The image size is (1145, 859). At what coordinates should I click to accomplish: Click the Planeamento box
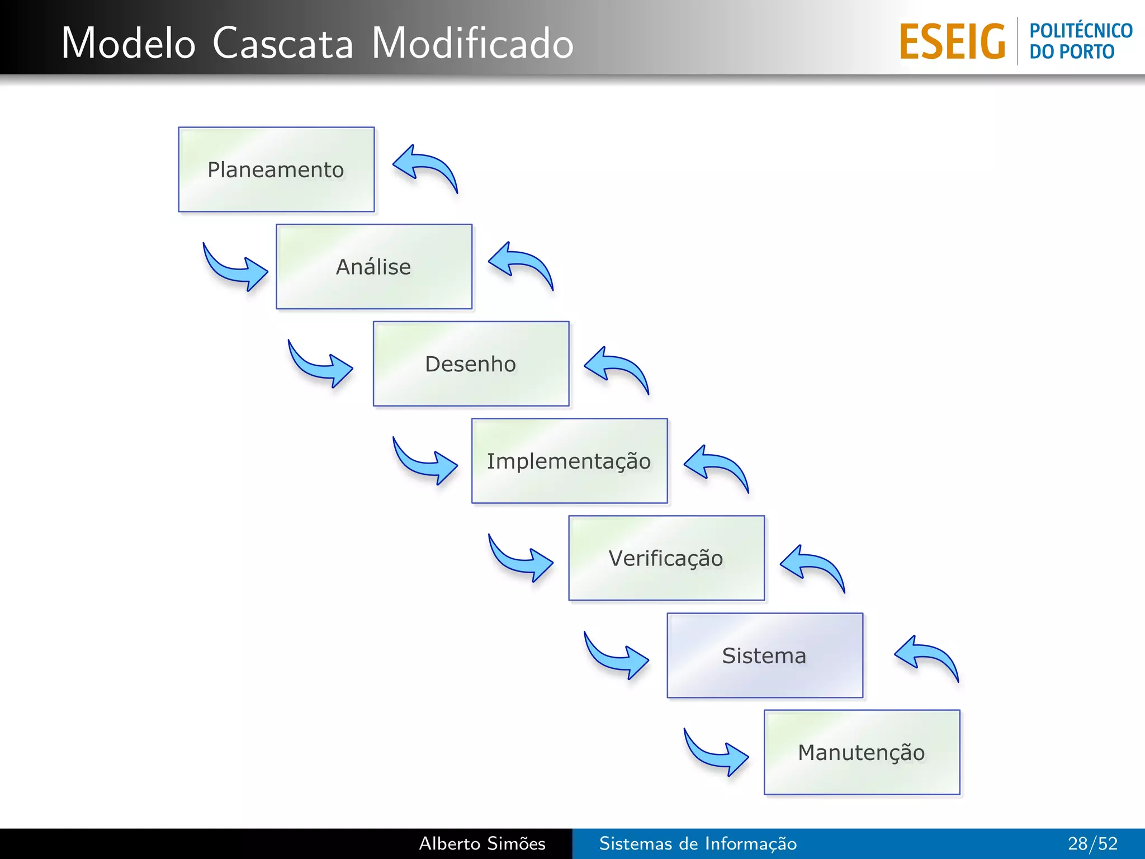click(x=276, y=169)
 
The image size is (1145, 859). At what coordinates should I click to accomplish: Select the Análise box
click(x=373, y=267)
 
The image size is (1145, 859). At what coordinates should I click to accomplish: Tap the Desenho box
click(x=471, y=364)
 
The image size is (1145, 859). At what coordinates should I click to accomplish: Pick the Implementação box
click(x=569, y=461)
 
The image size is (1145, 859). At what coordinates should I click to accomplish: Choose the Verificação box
click(x=666, y=558)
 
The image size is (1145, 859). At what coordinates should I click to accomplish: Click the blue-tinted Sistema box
click(x=764, y=655)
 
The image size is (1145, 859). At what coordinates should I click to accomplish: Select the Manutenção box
click(x=862, y=752)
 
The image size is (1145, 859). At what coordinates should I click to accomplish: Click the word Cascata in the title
click(x=283, y=44)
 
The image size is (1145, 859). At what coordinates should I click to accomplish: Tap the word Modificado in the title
click(x=472, y=44)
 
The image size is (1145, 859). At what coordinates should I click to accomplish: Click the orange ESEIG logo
click(x=952, y=42)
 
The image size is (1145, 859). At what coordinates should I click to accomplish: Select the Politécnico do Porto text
click(x=1080, y=41)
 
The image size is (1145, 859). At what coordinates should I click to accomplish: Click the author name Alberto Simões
click(x=482, y=843)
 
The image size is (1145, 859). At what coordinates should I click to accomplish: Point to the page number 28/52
click(x=1092, y=843)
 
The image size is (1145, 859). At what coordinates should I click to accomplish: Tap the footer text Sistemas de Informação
click(x=698, y=843)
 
